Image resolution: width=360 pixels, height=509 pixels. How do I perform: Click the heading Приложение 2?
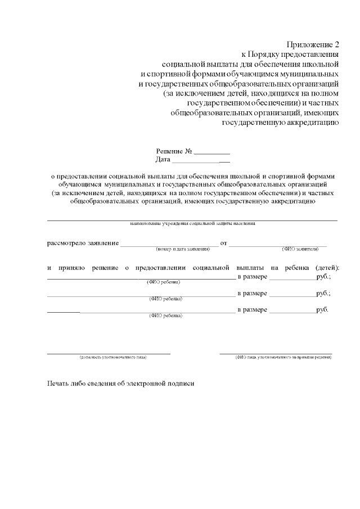point(313,44)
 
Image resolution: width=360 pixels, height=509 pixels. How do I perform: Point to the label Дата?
point(163,160)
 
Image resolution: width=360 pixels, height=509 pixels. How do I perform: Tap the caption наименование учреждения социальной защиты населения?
point(192,223)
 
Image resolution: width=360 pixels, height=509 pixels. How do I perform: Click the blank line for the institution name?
point(192,219)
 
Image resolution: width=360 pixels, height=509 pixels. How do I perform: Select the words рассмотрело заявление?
point(82,243)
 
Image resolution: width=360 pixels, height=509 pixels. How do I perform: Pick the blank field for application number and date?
point(169,245)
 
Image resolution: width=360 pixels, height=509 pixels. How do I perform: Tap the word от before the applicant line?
point(223,243)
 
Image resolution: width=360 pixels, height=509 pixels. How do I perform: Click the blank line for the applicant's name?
point(278,245)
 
